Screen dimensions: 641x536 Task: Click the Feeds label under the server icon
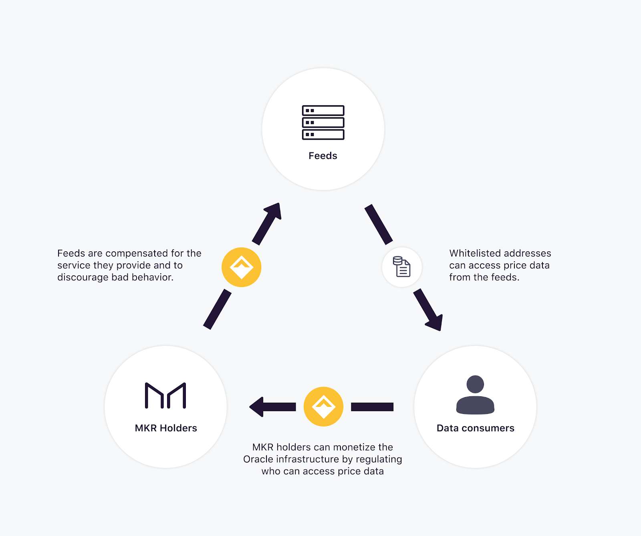(x=323, y=156)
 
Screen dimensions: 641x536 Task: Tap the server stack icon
(x=323, y=122)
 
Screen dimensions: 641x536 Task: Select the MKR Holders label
(x=166, y=428)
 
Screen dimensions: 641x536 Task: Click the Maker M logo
(x=165, y=395)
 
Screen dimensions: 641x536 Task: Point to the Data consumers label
(x=476, y=428)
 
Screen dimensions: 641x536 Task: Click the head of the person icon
(x=475, y=384)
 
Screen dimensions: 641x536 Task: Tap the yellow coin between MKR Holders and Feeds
(x=242, y=267)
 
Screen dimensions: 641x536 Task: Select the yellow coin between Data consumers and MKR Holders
(x=323, y=407)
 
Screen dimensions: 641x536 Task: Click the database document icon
(x=402, y=267)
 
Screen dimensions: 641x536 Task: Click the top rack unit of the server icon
(x=323, y=110)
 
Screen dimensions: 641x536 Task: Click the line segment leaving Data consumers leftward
(x=372, y=407)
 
